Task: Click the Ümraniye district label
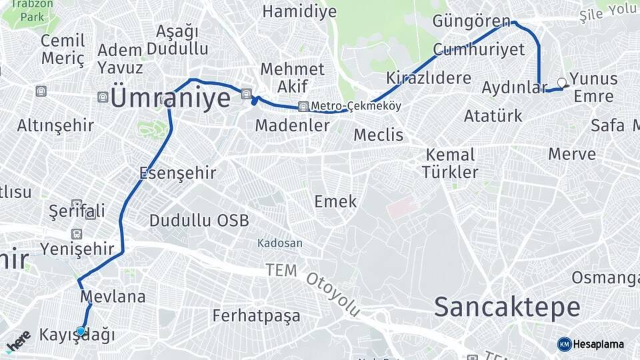click(170, 98)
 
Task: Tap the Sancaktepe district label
click(507, 307)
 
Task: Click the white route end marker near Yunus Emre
click(561, 83)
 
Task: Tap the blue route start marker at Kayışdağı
click(81, 331)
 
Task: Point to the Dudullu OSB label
click(199, 221)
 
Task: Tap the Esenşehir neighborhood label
click(177, 173)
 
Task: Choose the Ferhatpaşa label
click(256, 315)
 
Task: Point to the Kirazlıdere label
click(429, 78)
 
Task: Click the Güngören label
click(471, 21)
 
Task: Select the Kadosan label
click(280, 243)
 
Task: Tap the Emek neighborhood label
click(335, 201)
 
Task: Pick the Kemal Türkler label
click(450, 163)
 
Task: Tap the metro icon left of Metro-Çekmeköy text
click(304, 106)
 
